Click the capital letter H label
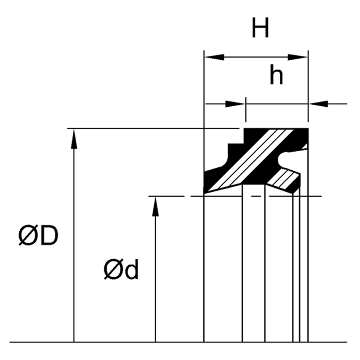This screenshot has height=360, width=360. [261, 28]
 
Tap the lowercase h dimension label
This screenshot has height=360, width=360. [276, 75]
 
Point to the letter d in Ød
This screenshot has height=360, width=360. [131, 270]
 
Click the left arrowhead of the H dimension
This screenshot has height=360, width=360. [214, 57]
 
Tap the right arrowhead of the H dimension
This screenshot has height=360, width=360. [298, 57]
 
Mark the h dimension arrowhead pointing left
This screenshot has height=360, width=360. [319, 104]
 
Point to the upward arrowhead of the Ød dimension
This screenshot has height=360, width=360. [155, 206]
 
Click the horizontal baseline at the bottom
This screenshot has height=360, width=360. [180, 342]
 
